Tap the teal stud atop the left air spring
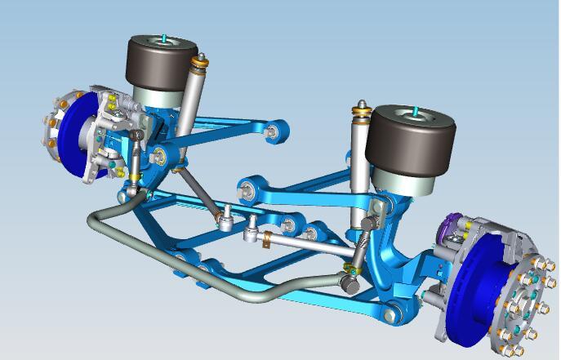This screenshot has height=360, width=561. pos(164,38)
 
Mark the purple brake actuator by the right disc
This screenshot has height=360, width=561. pos(452,228)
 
